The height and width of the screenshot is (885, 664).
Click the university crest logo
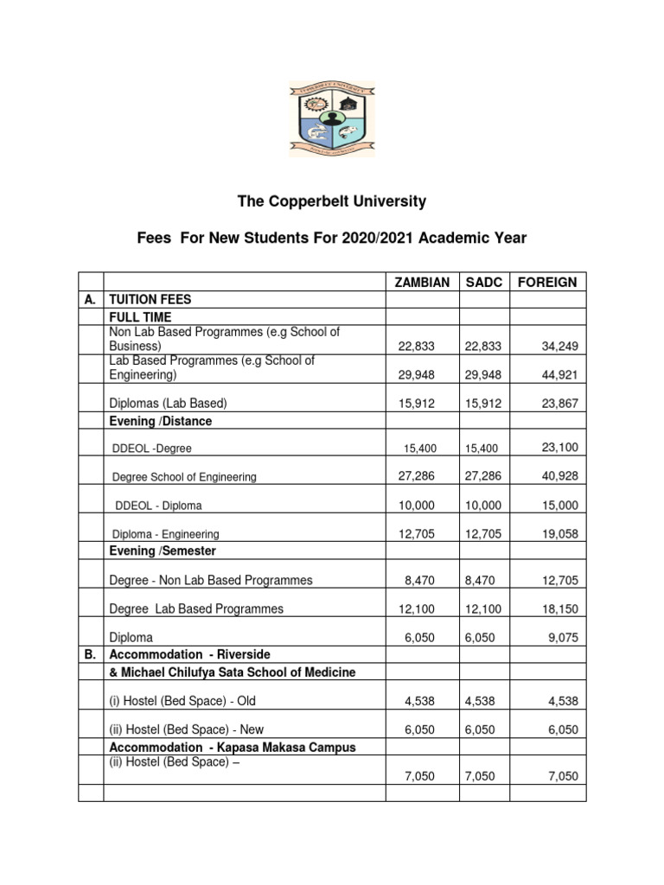click(x=332, y=119)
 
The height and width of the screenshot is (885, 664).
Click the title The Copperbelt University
click(x=332, y=201)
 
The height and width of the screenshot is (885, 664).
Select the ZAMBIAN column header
click(x=422, y=283)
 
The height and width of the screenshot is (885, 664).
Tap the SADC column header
click(x=484, y=283)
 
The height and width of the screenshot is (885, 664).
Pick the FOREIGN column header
click(x=546, y=283)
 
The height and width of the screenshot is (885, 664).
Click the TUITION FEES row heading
click(x=150, y=300)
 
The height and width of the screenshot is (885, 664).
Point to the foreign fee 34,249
click(x=560, y=346)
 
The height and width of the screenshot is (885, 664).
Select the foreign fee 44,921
click(x=560, y=375)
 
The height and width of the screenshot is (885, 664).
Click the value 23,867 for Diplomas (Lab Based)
click(x=560, y=404)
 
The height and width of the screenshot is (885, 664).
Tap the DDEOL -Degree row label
click(x=152, y=449)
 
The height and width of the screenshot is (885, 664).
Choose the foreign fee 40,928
click(x=560, y=476)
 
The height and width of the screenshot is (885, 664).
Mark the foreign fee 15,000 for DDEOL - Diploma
click(x=560, y=506)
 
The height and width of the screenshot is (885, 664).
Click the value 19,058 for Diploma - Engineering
click(x=560, y=534)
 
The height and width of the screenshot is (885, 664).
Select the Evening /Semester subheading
click(x=163, y=551)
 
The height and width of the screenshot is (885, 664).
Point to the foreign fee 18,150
click(x=560, y=608)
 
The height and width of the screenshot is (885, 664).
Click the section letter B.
click(x=90, y=654)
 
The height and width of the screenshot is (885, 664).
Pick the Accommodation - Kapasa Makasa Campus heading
click(x=232, y=747)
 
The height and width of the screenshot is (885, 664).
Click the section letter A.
click(x=90, y=300)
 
